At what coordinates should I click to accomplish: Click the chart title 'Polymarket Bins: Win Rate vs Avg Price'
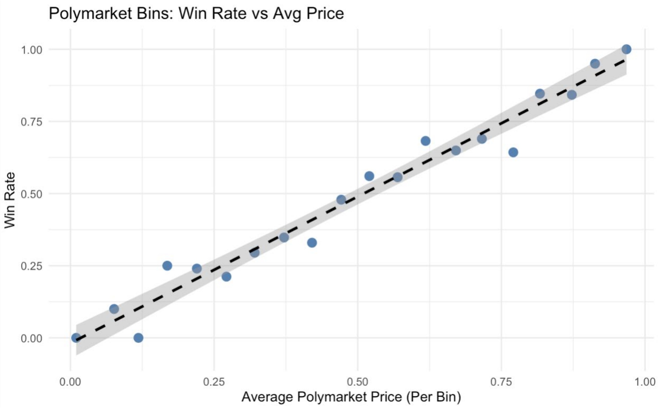tap(196, 14)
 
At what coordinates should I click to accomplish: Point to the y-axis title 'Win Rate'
tap(10, 200)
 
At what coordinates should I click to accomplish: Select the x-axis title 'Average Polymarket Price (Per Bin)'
tap(351, 397)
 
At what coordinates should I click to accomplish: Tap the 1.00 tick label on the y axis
tap(32, 50)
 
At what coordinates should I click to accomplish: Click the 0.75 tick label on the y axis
tap(32, 122)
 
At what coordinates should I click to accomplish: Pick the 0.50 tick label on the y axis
tap(32, 194)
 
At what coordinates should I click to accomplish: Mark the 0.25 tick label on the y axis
tap(32, 266)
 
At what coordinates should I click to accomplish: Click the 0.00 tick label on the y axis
tap(32, 338)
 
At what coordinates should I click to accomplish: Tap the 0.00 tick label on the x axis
tap(70, 382)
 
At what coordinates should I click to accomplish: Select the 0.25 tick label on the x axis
tap(214, 382)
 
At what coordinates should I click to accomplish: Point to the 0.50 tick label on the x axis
tap(357, 382)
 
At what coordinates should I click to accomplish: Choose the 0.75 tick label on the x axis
tap(502, 382)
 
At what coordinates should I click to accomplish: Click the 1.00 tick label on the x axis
tap(645, 382)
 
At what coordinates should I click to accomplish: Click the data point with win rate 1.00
tap(626, 49)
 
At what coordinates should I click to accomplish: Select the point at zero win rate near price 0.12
tap(138, 338)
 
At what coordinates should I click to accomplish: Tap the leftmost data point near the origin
tap(76, 338)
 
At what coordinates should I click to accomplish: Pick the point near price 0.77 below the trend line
tap(513, 152)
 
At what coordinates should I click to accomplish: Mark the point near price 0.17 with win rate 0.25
tap(167, 266)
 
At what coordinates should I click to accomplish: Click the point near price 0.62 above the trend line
tap(426, 141)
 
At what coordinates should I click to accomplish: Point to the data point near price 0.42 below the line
tap(312, 242)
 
